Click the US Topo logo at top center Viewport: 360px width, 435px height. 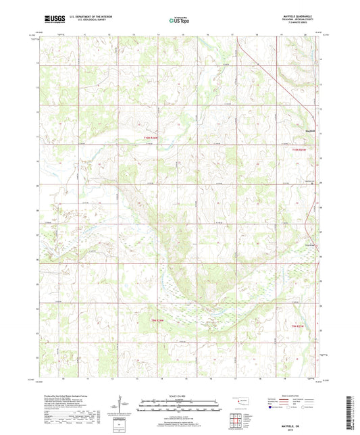pos(178,20)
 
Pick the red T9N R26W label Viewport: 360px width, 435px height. pos(158,319)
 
